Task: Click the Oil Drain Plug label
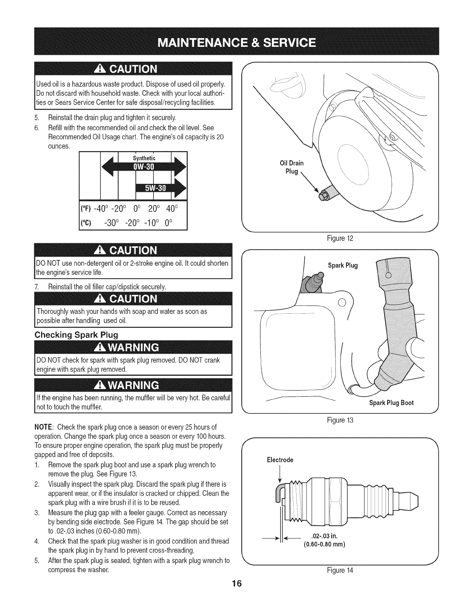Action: pos(292,167)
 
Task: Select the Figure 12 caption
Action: pos(340,239)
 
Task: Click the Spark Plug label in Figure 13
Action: pos(343,265)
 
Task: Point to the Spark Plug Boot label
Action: pos(391,403)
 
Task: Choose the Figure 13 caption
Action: pos(340,420)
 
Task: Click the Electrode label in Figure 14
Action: pos(280,460)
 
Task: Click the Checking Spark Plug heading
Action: pos(77,335)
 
